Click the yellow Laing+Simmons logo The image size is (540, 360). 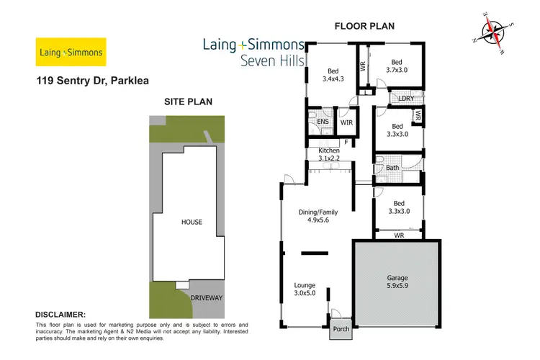tap(71, 53)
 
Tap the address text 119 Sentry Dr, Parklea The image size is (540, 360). tap(92, 81)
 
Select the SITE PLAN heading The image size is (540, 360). tap(188, 102)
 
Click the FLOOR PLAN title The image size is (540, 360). tap(364, 27)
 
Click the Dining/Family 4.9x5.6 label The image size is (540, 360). tap(318, 217)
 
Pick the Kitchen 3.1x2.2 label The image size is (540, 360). tap(328, 154)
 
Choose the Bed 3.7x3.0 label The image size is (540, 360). tap(396, 66)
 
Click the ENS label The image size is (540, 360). tap(322, 122)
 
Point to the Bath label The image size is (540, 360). tap(392, 168)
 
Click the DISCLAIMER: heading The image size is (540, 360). tap(60, 315)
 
